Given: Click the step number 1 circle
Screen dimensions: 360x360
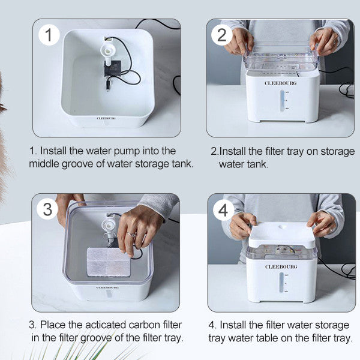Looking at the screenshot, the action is coord(49,35).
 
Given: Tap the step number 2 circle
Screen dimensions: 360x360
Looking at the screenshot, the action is coord(221,35).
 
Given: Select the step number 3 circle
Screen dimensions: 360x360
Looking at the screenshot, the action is coord(47,209).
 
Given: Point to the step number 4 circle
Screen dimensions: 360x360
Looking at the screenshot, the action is coord(223,210).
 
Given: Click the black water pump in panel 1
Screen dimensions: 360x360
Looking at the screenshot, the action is coord(111,68).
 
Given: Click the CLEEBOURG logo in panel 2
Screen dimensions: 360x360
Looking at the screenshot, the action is coord(280,83).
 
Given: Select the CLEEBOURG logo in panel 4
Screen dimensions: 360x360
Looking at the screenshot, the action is coord(281,266).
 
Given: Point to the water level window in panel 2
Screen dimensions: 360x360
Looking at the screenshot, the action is coord(282,101).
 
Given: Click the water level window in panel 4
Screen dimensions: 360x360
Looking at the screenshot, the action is coord(281,282).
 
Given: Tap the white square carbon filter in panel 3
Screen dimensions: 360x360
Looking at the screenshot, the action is coord(109,262).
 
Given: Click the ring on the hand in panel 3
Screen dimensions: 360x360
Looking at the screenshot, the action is coord(131,235).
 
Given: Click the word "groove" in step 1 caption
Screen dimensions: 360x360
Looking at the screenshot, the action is coord(77,164).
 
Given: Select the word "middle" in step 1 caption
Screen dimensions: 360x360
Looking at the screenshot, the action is coord(44,164).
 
